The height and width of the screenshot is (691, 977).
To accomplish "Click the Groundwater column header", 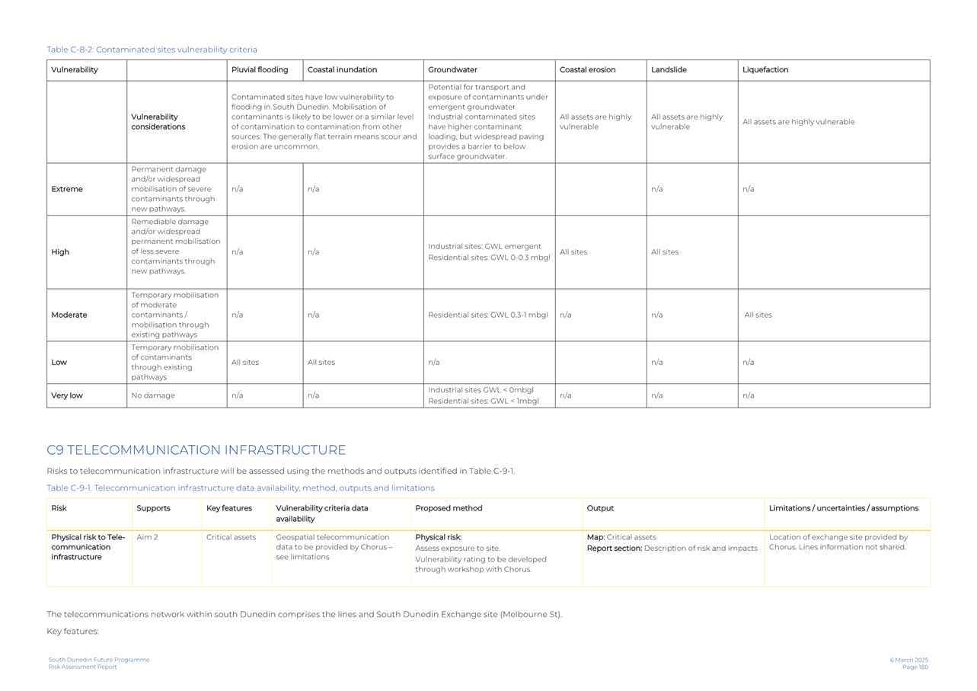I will click(452, 70).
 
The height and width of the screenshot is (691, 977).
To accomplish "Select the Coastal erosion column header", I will click(587, 70).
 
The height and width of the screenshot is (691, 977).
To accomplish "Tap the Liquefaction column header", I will click(765, 70).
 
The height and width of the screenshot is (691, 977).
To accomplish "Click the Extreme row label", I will click(67, 189).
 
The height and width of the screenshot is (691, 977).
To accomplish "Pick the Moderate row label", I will click(69, 315).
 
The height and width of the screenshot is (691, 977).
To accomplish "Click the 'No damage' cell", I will click(153, 395).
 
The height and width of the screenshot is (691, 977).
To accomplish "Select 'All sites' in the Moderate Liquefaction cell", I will click(758, 315).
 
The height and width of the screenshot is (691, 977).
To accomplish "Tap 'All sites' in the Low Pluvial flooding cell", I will click(245, 363).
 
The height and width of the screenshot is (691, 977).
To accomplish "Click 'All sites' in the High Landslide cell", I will click(665, 252).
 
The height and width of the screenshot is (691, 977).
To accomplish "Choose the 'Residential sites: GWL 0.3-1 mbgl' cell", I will click(487, 315).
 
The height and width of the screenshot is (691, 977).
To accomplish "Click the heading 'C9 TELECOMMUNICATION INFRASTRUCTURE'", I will click(196, 450).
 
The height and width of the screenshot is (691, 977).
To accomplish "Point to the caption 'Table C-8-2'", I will click(152, 50).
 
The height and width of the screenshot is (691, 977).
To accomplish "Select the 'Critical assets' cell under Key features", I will click(231, 537).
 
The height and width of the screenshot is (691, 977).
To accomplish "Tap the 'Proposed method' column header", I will click(449, 508).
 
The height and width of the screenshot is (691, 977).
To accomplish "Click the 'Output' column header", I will click(600, 508).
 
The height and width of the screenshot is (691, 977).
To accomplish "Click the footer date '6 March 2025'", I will click(908, 660).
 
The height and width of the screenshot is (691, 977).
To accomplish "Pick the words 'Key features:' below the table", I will click(72, 632).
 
